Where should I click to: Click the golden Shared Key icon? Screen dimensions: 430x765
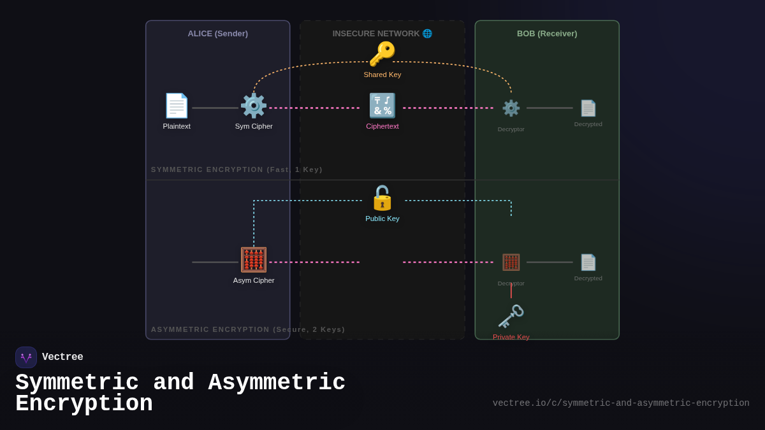click(382, 54)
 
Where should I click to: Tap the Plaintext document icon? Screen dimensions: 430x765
click(177, 106)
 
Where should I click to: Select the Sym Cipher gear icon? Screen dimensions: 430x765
click(254, 106)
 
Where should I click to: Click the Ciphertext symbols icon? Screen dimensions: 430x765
click(382, 106)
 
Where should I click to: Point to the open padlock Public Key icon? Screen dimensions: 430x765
click(382, 198)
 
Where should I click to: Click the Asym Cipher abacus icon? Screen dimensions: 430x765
click(254, 260)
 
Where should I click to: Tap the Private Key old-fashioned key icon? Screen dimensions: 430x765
click(511, 317)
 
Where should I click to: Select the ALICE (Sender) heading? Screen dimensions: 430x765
click(217, 34)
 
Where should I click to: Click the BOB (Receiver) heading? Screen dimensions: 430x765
click(547, 34)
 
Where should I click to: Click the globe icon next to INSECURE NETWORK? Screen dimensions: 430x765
click(427, 34)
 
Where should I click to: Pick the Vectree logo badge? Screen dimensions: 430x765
click(26, 357)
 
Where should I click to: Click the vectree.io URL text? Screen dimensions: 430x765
click(620, 403)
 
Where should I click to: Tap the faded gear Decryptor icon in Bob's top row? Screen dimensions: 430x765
click(511, 108)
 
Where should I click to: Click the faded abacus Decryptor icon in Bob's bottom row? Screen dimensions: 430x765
click(511, 262)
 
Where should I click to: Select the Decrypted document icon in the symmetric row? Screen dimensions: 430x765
click(588, 108)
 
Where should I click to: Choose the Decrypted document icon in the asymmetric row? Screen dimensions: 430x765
click(588, 262)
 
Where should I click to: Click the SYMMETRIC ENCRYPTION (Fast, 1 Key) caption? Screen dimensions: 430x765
click(237, 169)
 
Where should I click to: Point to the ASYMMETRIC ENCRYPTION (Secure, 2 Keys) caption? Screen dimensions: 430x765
click(248, 329)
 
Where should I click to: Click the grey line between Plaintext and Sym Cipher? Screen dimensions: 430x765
click(215, 108)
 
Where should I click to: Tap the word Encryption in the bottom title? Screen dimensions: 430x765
click(84, 404)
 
